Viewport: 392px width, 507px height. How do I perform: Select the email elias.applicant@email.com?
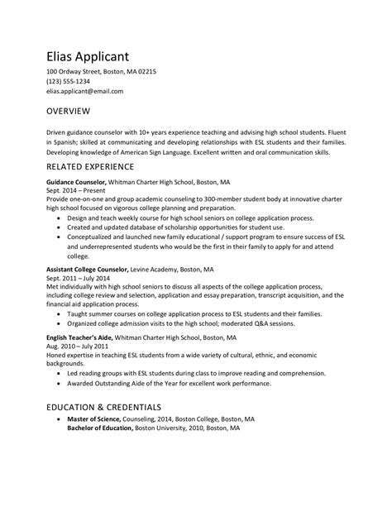pos(84,92)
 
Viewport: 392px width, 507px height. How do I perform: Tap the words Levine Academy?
pos(161,269)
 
